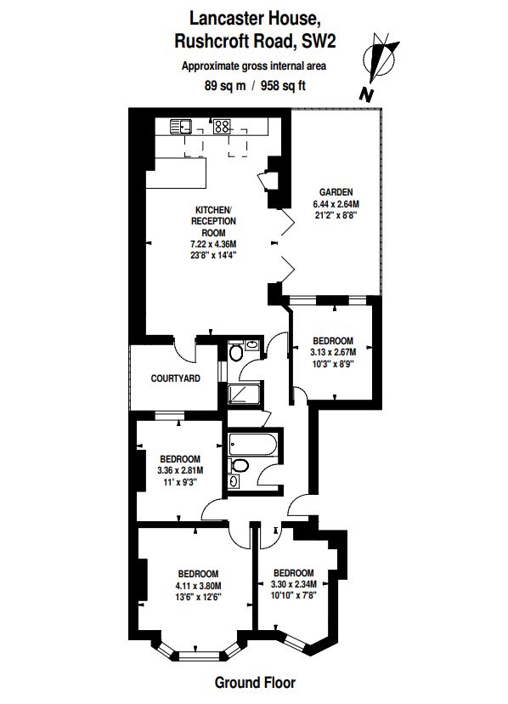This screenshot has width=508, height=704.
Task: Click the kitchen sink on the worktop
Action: (x=181, y=127)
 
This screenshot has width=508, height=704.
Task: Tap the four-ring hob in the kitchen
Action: (x=222, y=127)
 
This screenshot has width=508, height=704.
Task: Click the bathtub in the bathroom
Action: (x=252, y=444)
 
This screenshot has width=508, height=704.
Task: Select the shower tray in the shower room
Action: (x=244, y=394)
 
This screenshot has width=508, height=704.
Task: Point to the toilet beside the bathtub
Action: (x=240, y=465)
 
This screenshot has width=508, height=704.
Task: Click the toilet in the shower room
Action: (x=235, y=353)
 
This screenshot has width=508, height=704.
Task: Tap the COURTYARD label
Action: (x=176, y=378)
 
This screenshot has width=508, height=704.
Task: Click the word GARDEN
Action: (x=336, y=192)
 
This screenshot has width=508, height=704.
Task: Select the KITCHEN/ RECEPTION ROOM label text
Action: (x=213, y=221)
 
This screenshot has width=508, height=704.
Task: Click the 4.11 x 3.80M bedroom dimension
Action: (x=198, y=586)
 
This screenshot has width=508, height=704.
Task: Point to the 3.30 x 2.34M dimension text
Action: (x=294, y=584)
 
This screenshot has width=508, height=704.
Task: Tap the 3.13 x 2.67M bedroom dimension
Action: (x=333, y=352)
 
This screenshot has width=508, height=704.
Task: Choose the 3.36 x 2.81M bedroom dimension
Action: (x=180, y=470)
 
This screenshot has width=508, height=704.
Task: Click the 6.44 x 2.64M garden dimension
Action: (x=336, y=203)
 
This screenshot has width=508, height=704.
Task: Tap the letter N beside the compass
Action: (x=367, y=94)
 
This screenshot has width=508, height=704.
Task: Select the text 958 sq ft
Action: (x=283, y=85)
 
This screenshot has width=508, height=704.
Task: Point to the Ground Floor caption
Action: (x=255, y=683)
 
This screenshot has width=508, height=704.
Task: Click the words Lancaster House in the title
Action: (x=255, y=19)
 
